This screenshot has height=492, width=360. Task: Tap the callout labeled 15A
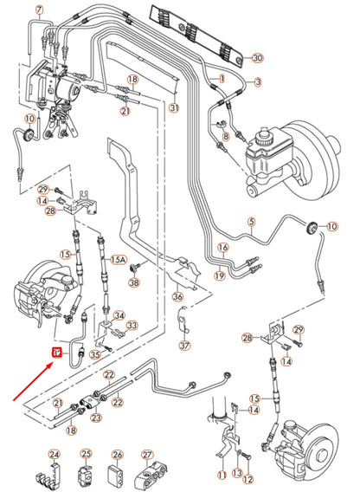click(119, 258)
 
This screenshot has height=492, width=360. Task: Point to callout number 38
click(133, 282)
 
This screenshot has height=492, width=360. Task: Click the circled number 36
click(177, 297)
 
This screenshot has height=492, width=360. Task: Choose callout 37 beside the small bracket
click(185, 346)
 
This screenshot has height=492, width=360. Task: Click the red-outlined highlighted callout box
click(56, 353)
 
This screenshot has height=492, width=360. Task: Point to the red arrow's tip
click(52, 359)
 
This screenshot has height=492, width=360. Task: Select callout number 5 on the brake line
click(252, 222)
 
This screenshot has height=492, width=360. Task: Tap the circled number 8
click(223, 136)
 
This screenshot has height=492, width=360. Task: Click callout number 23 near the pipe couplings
click(95, 418)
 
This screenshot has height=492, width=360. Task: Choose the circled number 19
click(220, 275)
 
